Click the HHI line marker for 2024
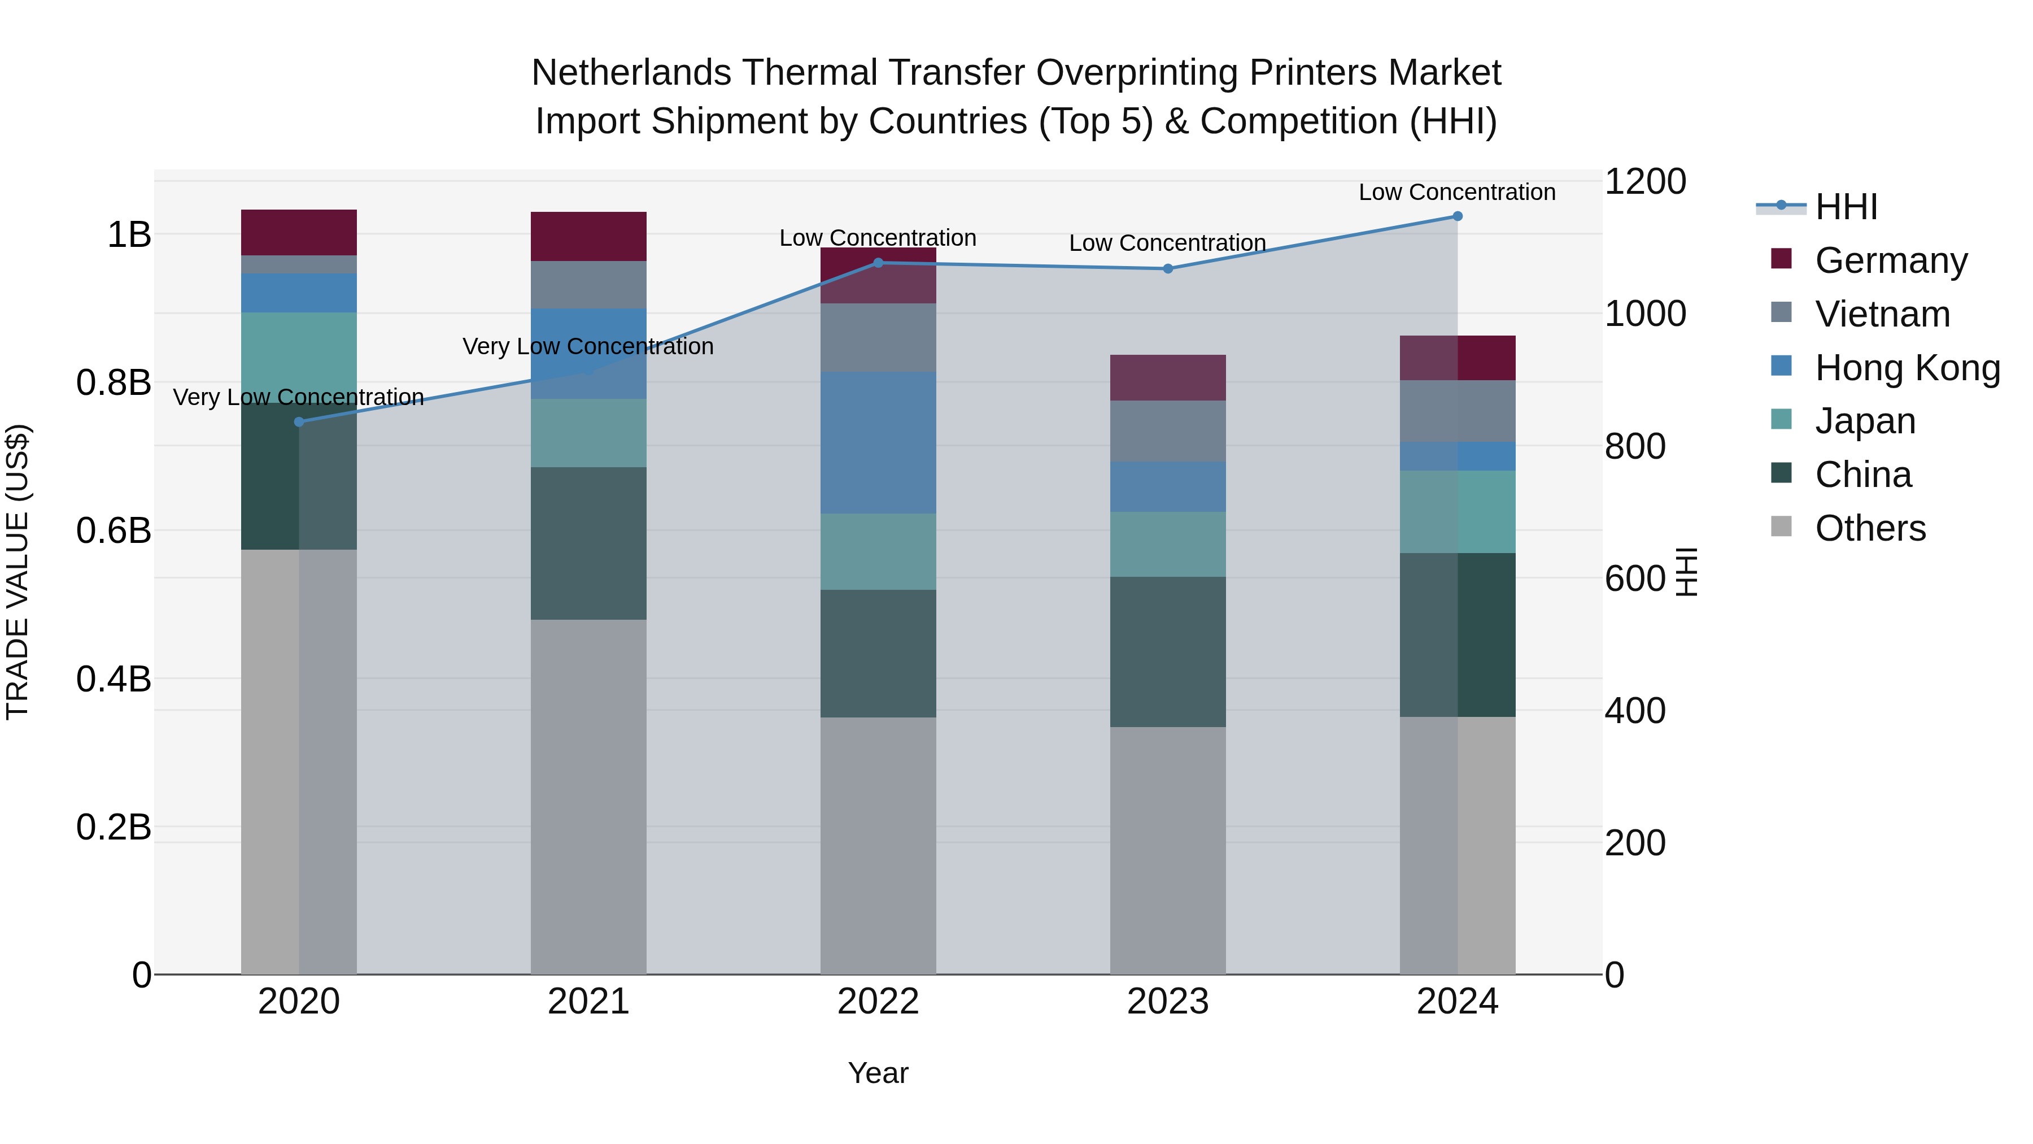pos(1457,216)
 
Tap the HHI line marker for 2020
pos(298,421)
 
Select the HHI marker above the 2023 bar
pos(1168,268)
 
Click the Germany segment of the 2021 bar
pos(588,236)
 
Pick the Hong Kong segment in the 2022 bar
pos(878,442)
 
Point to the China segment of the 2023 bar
pos(1168,651)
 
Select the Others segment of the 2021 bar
pos(588,797)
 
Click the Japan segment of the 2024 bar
pos(1457,512)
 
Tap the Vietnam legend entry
pos(1882,314)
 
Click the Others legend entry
pos(1870,528)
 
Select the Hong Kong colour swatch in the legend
pos(1781,366)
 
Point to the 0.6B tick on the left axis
pos(114,530)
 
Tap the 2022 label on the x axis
pos(878,1002)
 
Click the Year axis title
pos(878,1073)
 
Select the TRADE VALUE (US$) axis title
pos(18,572)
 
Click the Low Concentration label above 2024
pos(1457,192)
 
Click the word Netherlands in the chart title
pos(632,73)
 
